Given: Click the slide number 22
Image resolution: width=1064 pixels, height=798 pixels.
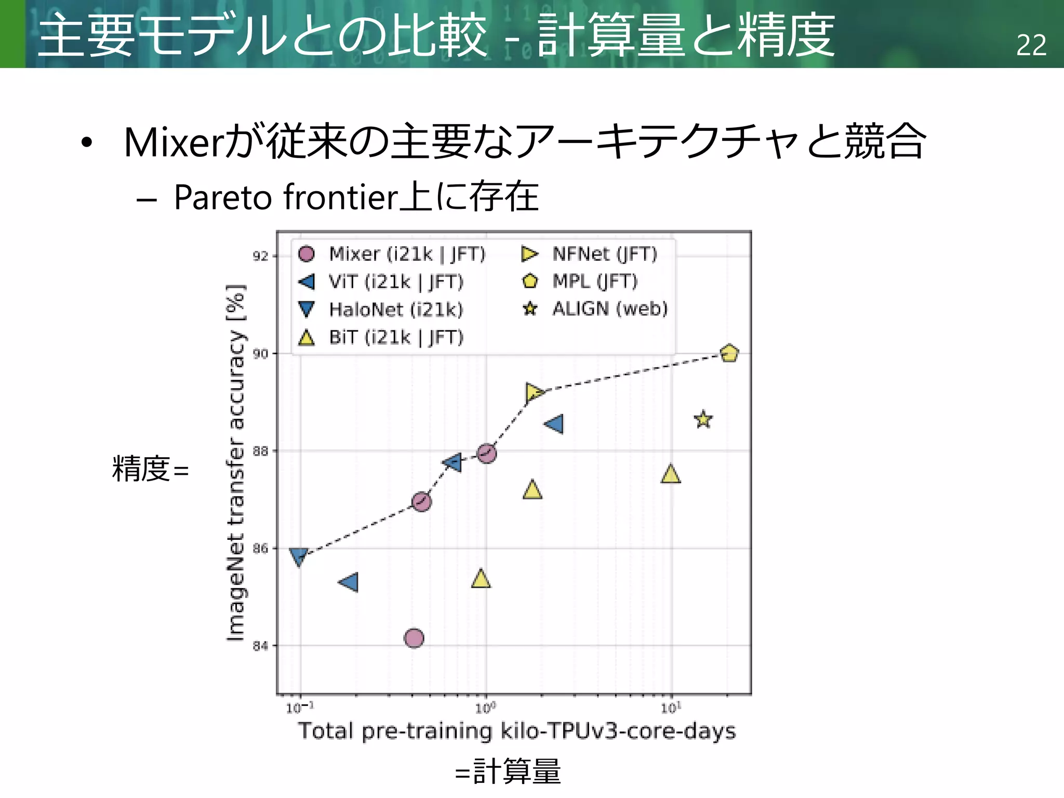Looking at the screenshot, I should (1031, 45).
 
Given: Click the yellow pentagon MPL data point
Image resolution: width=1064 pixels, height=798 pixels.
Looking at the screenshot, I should (729, 353).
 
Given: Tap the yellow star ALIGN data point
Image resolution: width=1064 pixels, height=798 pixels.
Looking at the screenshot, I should (703, 419).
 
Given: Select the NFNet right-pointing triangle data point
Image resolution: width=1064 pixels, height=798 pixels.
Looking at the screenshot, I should (534, 393).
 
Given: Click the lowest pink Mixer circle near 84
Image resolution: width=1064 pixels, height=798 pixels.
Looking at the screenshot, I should (414, 637).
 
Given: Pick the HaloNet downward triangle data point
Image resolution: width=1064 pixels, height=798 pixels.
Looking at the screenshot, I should (299, 556).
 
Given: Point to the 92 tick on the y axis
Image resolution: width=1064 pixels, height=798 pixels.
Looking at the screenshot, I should (260, 256).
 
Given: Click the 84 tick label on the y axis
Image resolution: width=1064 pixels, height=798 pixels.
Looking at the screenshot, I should (260, 646).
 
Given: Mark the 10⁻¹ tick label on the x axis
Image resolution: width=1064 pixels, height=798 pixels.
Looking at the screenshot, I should (300, 708).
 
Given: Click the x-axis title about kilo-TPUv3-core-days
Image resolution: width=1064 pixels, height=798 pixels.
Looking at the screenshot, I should (516, 731).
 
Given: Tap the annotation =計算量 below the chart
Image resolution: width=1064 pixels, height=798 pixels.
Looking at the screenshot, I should (508, 772).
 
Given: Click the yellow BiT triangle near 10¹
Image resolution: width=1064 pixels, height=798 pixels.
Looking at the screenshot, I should (671, 474).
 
